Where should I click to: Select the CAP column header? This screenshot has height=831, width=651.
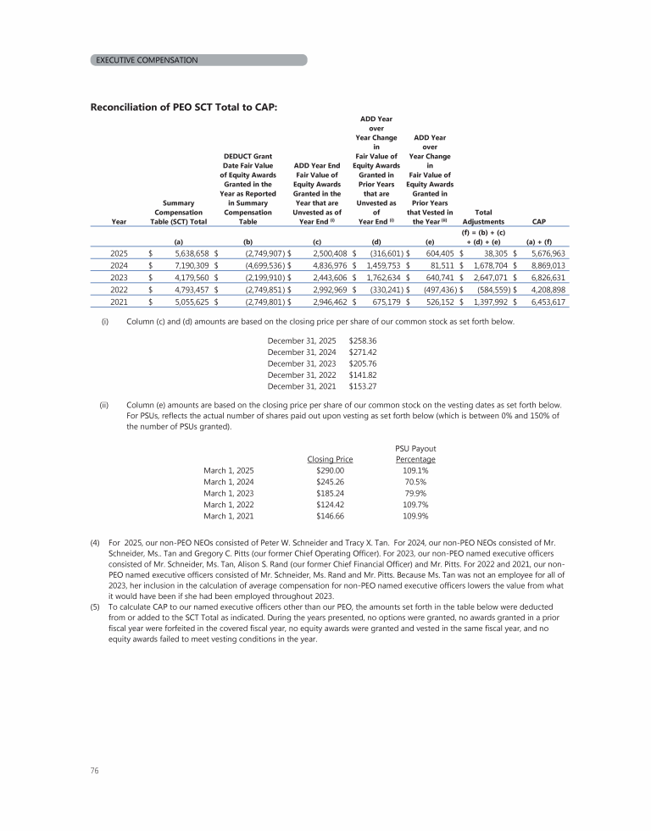(x=537, y=222)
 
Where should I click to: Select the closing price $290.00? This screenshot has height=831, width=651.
(x=329, y=469)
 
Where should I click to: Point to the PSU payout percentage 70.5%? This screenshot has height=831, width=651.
(x=415, y=481)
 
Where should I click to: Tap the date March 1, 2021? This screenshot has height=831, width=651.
(x=229, y=517)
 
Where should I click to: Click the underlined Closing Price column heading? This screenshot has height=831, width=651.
(x=329, y=458)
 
